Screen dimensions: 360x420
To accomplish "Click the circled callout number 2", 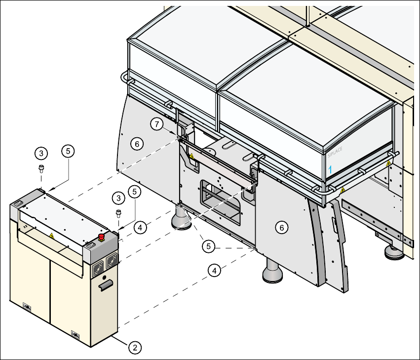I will click(x=134, y=347).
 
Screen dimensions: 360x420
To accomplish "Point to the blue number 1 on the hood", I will click(x=331, y=169).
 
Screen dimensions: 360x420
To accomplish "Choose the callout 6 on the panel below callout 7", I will click(x=137, y=143).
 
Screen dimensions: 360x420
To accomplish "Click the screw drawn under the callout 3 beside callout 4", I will click(x=118, y=214).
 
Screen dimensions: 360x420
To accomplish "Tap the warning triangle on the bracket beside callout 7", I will click(x=191, y=156).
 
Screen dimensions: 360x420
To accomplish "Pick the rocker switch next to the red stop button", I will click(x=90, y=244).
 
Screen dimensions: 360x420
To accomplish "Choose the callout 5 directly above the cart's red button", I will click(x=134, y=191).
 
